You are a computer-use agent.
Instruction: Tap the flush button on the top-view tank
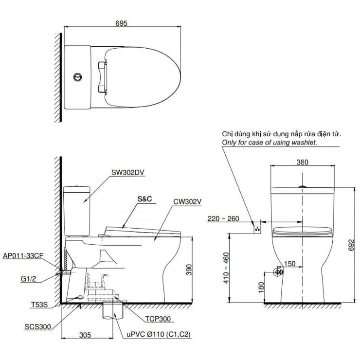77,77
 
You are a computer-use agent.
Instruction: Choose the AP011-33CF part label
23,254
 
